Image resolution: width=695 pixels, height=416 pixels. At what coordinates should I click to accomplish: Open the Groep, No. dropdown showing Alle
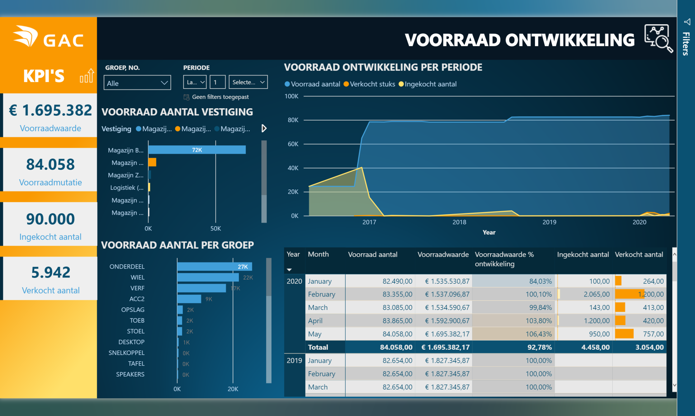point(137,83)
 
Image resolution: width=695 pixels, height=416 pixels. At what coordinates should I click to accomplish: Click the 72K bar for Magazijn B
point(197,150)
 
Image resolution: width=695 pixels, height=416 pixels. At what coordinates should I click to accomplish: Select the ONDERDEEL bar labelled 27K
point(214,267)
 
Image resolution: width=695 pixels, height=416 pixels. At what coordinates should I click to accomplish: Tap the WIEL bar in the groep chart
point(208,277)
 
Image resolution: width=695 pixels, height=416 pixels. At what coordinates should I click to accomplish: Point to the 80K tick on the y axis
point(293,120)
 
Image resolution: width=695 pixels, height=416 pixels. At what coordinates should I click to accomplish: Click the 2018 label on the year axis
point(459,222)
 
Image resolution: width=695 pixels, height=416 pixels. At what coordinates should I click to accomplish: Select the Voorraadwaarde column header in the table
point(443,255)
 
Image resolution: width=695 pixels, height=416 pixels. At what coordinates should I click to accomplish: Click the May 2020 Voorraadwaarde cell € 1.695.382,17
point(447,334)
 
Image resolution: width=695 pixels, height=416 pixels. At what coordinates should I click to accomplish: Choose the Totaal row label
point(318,347)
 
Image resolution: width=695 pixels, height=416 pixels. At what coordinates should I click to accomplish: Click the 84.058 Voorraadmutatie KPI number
point(50,164)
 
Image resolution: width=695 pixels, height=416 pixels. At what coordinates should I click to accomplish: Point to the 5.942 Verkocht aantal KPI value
point(51,273)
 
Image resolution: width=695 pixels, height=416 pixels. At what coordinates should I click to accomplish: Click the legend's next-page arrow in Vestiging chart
point(264,129)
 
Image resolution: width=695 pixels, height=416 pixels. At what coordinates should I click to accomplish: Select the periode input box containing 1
point(217,82)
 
